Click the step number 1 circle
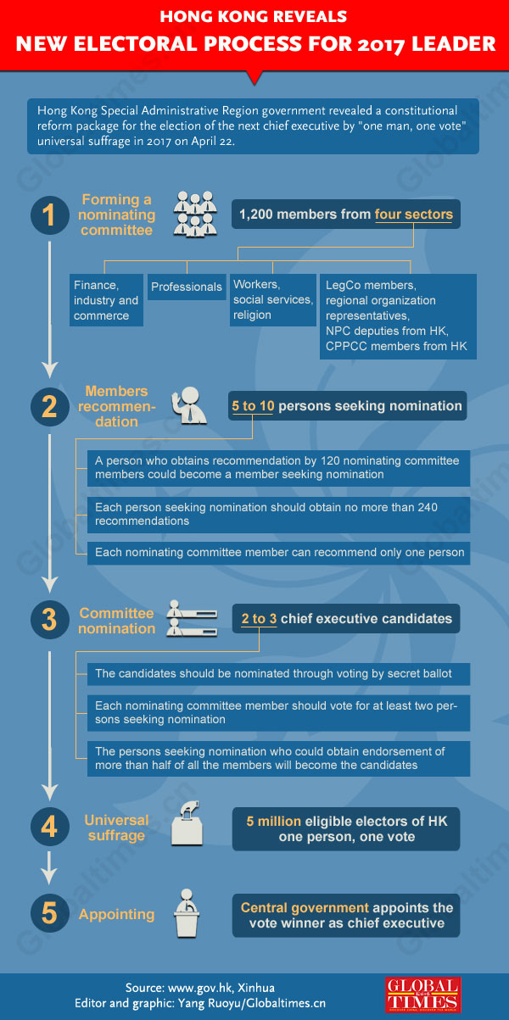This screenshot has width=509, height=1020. (49, 215)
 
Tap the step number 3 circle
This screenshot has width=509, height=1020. (49, 620)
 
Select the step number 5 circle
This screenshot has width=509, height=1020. (49, 913)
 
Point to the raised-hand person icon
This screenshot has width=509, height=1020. (190, 407)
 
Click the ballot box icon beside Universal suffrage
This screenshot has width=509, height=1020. (191, 823)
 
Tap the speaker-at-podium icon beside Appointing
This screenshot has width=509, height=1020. (191, 913)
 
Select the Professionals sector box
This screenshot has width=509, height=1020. (187, 287)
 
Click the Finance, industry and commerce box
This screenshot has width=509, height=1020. (106, 301)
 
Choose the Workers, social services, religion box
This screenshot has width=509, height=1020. (272, 300)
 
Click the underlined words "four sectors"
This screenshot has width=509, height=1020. (414, 215)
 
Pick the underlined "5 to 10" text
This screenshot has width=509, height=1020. (253, 406)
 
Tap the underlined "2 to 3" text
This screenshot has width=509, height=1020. (259, 619)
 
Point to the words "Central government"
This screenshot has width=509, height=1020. (305, 907)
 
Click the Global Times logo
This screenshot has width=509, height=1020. (422, 994)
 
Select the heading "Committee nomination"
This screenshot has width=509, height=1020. (117, 621)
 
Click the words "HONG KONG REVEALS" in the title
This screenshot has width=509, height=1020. (254, 16)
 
